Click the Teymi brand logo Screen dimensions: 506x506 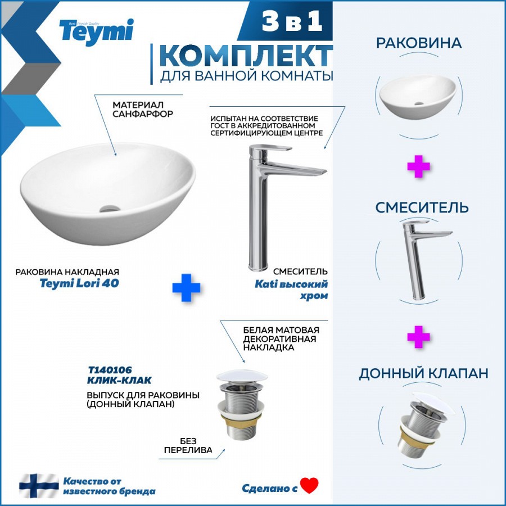pos(96,31)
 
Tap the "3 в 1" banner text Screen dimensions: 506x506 pos(292,21)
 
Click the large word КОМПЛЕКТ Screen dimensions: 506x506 pos(246,56)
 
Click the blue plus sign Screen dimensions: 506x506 pos(186,287)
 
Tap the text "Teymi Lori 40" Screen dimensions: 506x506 pos(79,283)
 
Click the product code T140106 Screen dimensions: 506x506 pos(110,370)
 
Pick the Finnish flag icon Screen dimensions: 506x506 pos(39,485)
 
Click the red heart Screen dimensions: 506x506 pos(309,486)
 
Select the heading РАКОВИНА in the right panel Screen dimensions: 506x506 pos(419,43)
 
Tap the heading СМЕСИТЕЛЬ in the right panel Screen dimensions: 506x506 pos(422,207)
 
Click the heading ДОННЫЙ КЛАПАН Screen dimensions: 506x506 pos(423,373)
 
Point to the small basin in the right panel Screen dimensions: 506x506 pos(418,97)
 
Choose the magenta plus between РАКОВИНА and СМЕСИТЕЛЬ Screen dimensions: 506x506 pos(418,166)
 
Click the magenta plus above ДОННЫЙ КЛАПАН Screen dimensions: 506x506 pos(418,337)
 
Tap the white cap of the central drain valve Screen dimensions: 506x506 pos(242,376)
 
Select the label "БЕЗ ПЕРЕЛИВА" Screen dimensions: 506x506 pos(188,445)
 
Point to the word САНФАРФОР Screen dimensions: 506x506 pos(143,114)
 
